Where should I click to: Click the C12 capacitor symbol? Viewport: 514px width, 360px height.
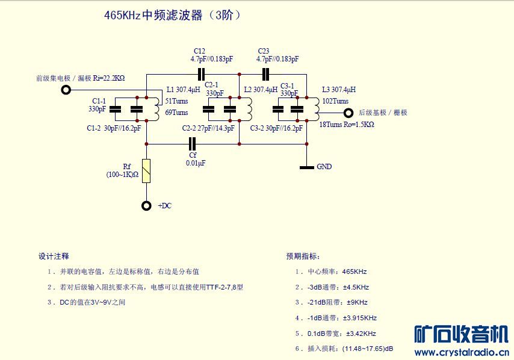[x=201, y=75]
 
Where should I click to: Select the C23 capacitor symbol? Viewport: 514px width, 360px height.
[x=265, y=75]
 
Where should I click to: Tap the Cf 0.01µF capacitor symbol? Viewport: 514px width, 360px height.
[x=193, y=144]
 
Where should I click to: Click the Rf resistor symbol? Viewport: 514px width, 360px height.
[x=146, y=171]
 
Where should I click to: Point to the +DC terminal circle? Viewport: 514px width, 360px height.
[x=146, y=205]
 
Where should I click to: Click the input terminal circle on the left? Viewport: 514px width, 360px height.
[x=66, y=90]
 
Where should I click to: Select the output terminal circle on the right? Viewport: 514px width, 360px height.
[x=348, y=113]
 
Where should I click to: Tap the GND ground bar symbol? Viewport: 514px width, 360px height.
[x=307, y=167]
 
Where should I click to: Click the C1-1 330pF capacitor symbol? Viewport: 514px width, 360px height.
[x=115, y=109]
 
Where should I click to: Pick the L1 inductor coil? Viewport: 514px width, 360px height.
[x=156, y=109]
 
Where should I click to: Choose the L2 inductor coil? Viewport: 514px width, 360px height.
[x=249, y=109]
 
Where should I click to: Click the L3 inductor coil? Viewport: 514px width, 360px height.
[x=317, y=109]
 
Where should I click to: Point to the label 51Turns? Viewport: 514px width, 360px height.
[x=176, y=101]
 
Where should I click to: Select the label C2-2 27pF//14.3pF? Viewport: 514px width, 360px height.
[x=208, y=128]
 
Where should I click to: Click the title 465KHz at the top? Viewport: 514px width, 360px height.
[x=122, y=15]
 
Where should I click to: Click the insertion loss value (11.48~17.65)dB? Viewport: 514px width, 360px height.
[x=368, y=349]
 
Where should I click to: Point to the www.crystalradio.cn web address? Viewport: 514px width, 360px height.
[x=462, y=352]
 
